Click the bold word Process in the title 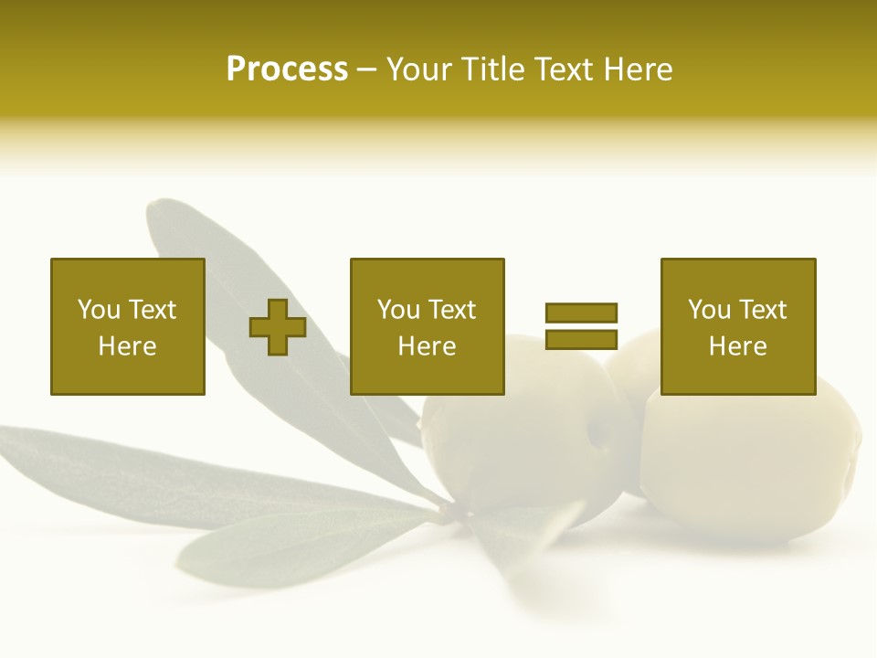pos(287,69)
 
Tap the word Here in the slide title pos(637,69)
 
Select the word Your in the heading pos(417,69)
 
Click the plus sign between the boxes pos(278,327)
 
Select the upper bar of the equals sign pos(582,313)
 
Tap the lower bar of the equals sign pos(582,339)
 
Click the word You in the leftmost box pos(99,310)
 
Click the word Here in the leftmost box pos(127,346)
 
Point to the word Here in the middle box pos(427,346)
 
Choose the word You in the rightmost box pos(709,310)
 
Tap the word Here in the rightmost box pos(737,346)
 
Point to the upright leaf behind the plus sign pos(228,274)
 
